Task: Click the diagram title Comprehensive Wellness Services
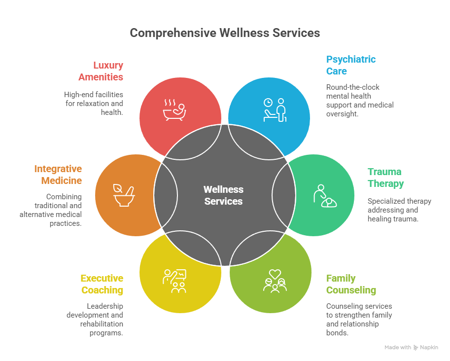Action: pos(225,33)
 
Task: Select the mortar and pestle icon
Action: pos(124,196)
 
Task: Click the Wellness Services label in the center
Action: pos(223,195)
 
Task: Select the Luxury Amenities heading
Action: pos(101,71)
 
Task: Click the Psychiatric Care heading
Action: pos(351,65)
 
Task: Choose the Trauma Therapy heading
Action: pos(385,178)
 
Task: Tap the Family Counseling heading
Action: pos(351,284)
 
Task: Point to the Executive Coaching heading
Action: pos(102,284)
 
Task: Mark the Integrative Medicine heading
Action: pos(58,175)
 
